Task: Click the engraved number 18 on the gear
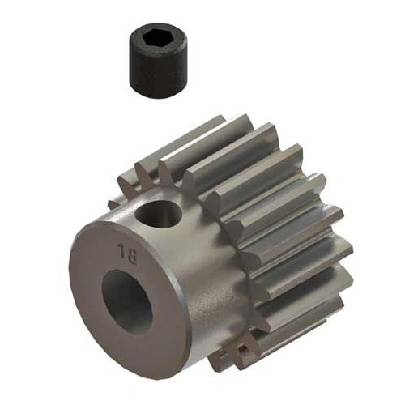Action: (x=126, y=251)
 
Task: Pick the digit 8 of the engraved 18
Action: (x=130, y=252)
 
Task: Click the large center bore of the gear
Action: (x=128, y=301)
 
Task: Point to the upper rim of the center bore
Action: (x=126, y=274)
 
